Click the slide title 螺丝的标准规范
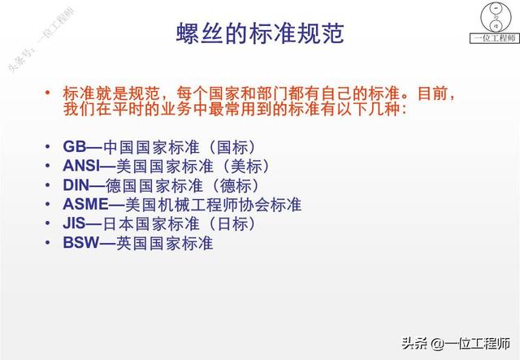[x=260, y=35]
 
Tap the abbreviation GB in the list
[x=73, y=147]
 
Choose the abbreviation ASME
[x=85, y=204]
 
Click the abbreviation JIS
[x=76, y=223]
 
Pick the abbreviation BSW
[x=80, y=241]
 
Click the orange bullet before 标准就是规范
[x=49, y=90]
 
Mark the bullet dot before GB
[x=49, y=148]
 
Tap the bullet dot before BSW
[x=49, y=242]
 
